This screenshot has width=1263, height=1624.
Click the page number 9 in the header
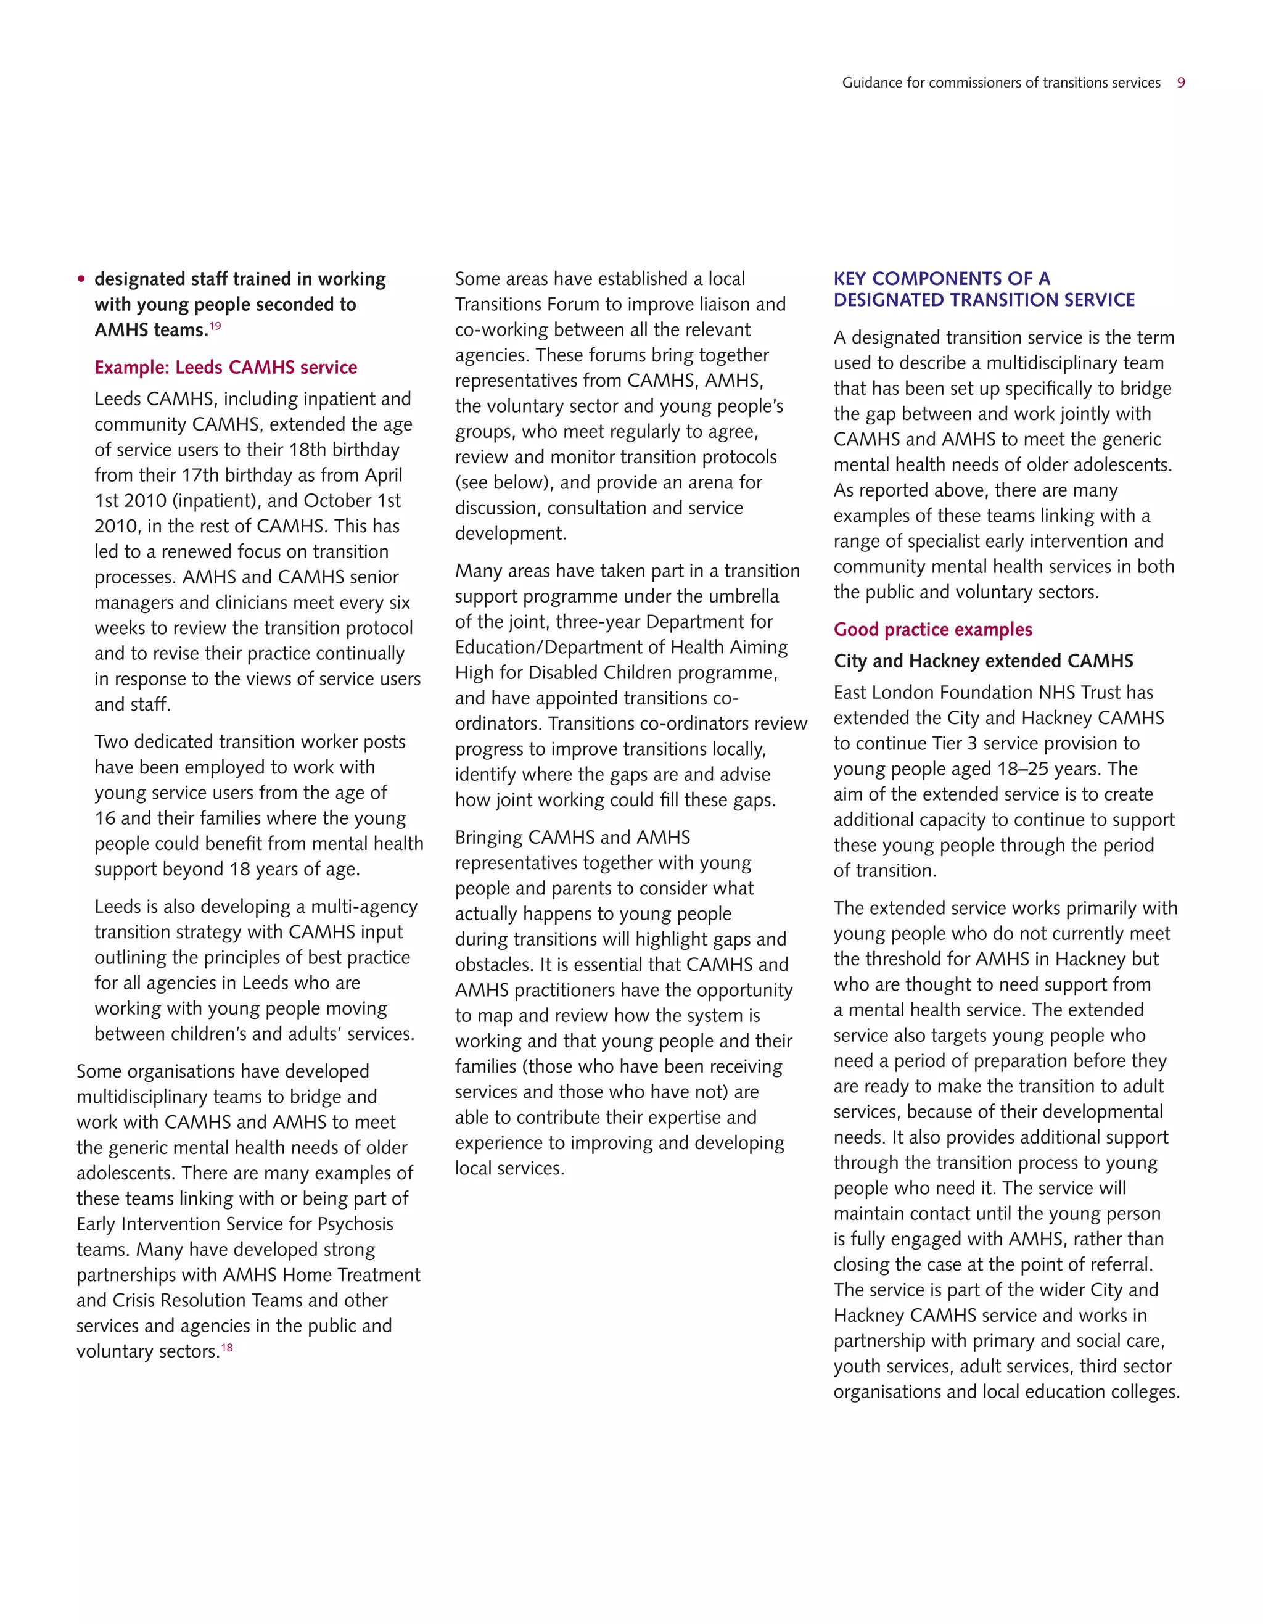1181,83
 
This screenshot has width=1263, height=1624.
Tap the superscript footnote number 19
215,326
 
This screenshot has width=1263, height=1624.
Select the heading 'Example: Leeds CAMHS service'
225,368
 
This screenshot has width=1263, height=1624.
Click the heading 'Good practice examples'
933,630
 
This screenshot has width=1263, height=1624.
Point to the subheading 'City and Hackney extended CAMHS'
984,661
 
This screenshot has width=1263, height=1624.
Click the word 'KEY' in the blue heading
850,279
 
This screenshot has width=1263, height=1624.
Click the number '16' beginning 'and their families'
105,818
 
